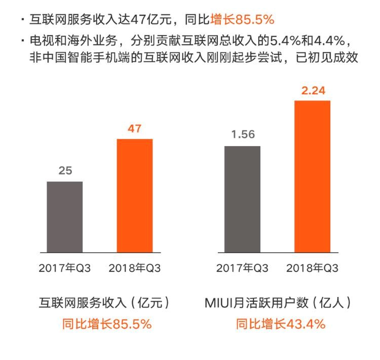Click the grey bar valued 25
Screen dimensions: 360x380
(x=65, y=217)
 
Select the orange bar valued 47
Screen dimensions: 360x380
(x=135, y=195)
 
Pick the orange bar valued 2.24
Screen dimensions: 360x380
(x=312, y=176)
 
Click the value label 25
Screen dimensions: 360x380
(x=65, y=171)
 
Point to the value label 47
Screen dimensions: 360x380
(x=135, y=128)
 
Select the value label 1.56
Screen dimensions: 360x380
(x=243, y=135)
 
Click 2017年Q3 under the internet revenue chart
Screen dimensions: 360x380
(x=65, y=268)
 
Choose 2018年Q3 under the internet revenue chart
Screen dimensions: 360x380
(x=135, y=268)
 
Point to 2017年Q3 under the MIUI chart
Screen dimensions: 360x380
(x=242, y=268)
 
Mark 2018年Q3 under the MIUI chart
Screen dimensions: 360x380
(x=312, y=268)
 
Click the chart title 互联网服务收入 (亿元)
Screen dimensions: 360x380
(x=104, y=303)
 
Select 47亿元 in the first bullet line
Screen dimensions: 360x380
(x=153, y=20)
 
